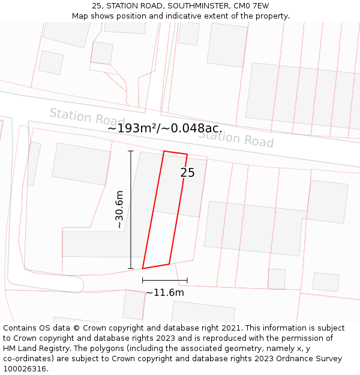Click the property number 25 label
click(187, 173)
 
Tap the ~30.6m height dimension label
click(119, 210)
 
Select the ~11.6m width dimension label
click(165, 293)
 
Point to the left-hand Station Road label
click(86, 116)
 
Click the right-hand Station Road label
click(236, 139)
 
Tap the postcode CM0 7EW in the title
click(249, 6)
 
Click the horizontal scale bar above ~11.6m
click(165, 280)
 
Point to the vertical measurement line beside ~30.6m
click(131, 210)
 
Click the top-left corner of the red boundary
click(164, 151)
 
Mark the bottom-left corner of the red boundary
click(142, 268)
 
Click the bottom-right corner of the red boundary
click(169, 264)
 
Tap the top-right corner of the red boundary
click(187, 155)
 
